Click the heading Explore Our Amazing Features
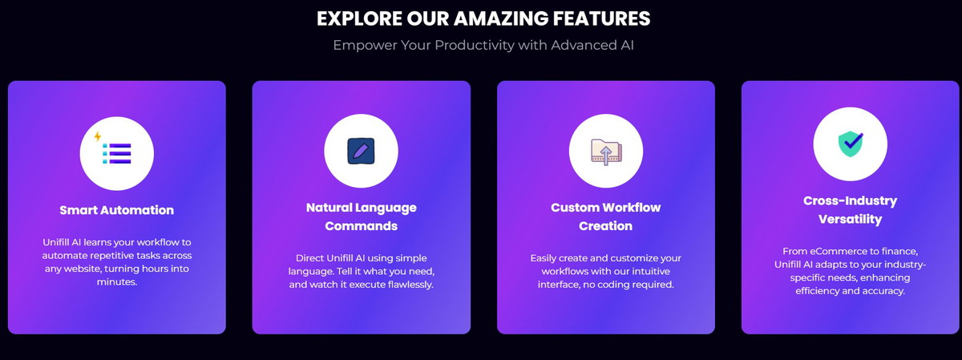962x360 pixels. click(483, 18)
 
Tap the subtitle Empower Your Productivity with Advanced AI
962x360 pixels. click(483, 45)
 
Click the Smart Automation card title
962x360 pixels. click(117, 210)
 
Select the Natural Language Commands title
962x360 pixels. click(362, 216)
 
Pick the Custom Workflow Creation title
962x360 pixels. click(605, 216)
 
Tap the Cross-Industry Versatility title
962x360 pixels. click(850, 209)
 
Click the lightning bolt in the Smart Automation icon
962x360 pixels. click(98, 136)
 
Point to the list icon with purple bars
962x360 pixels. click(117, 153)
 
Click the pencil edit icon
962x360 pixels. click(361, 151)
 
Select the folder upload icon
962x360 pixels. click(606, 152)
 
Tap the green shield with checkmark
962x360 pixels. click(851, 144)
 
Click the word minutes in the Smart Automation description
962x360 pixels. click(117, 281)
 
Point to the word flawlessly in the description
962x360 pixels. click(410, 285)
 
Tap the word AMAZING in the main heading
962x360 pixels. click(501, 18)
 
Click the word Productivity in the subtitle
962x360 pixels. click(475, 45)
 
